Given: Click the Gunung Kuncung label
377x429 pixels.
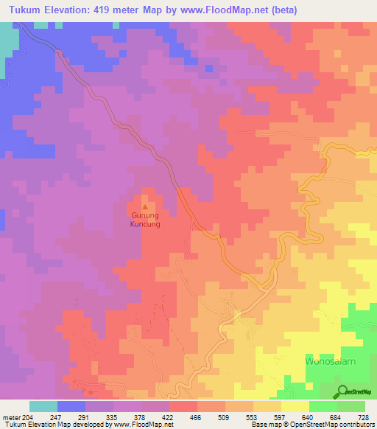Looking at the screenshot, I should [x=144, y=219].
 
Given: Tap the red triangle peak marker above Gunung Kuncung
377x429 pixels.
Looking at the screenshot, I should [x=144, y=206].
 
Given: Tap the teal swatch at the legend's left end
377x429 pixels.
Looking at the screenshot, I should [x=43, y=406].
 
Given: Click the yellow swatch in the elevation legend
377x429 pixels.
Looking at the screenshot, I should [x=295, y=406].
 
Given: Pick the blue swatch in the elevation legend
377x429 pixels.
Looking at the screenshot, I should [x=71, y=406].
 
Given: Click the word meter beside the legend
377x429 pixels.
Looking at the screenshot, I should [x=11, y=416].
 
